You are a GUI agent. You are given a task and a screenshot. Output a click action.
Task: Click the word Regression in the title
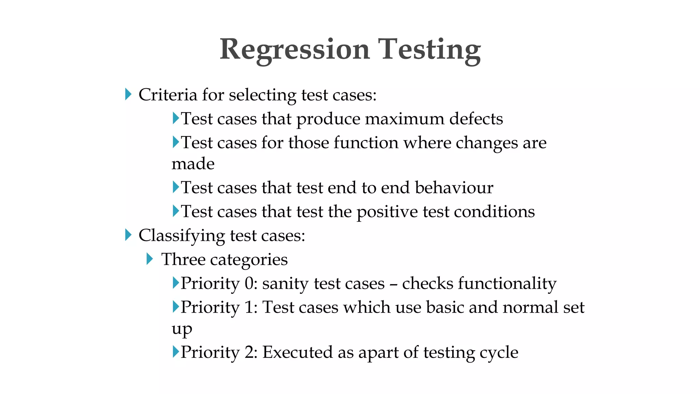point(295,50)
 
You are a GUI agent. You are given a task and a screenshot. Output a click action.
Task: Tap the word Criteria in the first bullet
point(167,95)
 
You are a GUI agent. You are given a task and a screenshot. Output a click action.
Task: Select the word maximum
point(404,119)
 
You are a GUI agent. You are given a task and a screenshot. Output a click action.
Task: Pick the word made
point(193,164)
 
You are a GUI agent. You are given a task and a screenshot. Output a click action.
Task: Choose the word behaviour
point(454,188)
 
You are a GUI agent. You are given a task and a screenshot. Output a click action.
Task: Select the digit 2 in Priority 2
point(249,352)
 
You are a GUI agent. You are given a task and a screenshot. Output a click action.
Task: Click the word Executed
point(297,352)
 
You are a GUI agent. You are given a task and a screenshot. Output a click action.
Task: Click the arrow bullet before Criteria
point(128,94)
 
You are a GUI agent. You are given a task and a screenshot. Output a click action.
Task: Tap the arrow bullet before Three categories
point(149,259)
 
